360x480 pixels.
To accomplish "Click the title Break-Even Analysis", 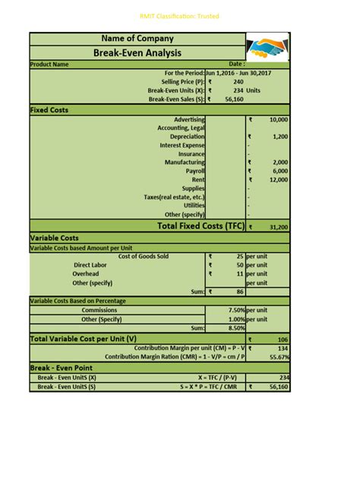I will (137, 52).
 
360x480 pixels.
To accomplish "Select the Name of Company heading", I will (137, 38).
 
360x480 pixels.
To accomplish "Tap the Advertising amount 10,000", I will (278, 120).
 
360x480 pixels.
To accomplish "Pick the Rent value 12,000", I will (278, 179).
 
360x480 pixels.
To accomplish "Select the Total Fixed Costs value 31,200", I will (278, 226).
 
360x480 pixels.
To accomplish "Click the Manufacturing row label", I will (185, 162).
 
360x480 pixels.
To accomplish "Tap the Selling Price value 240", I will (238, 81).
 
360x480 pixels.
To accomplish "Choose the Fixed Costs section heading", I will (49, 110).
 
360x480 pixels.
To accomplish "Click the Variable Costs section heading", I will (54, 238).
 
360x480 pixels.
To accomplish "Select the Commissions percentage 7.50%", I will (235, 310).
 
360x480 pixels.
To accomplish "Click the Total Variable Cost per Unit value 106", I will (283, 339).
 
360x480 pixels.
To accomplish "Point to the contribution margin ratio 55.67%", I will (279, 356).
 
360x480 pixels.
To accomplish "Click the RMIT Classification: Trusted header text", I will (180, 15).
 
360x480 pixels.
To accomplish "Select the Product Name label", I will (49, 65).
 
